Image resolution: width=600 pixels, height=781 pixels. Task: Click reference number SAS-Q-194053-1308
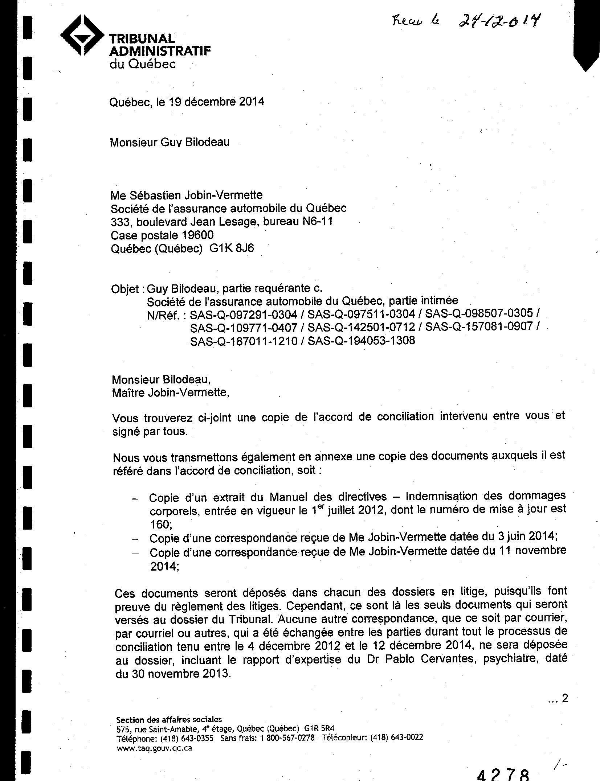click(x=361, y=341)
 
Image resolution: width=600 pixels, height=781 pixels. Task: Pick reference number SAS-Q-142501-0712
click(x=361, y=327)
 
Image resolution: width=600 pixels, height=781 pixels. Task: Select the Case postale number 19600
click(x=198, y=235)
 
